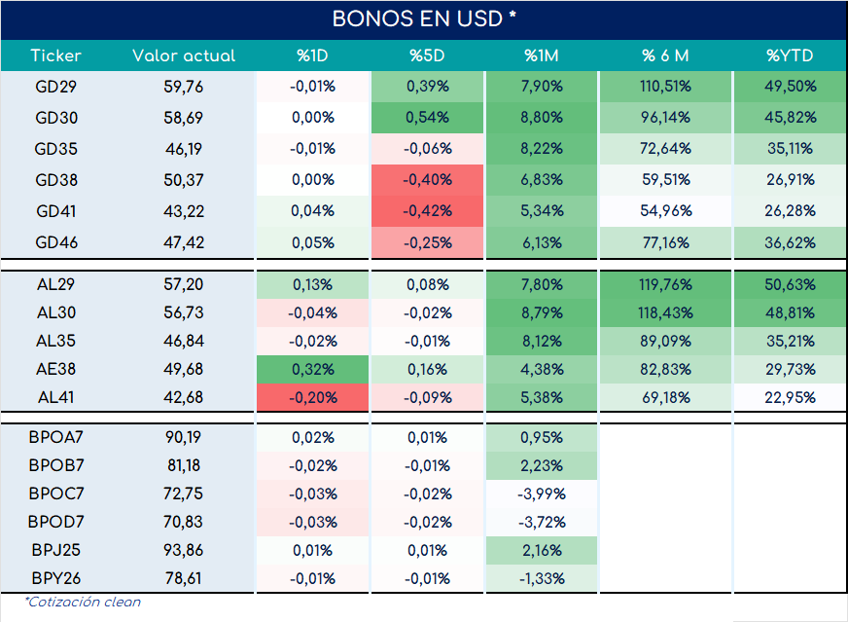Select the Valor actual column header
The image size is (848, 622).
[184, 55]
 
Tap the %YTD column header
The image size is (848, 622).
[790, 55]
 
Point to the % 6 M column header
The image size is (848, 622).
[665, 55]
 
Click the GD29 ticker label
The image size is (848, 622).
[55, 87]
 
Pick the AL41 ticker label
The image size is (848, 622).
[55, 397]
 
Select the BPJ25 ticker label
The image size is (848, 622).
[55, 550]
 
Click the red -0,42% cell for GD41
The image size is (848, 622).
[427, 211]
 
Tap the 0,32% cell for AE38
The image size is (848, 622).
[312, 369]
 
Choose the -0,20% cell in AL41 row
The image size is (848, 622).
[312, 397]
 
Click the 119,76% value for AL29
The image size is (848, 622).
[665, 285]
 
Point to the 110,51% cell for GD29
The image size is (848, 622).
[665, 87]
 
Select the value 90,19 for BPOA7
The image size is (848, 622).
[184, 437]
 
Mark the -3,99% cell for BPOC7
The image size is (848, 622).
[542, 494]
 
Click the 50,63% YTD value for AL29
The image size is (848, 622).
[790, 285]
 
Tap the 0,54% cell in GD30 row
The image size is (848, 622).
[427, 118]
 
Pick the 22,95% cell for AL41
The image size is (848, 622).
[790, 397]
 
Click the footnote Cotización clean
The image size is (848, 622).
[83, 602]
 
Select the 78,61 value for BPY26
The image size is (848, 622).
[184, 578]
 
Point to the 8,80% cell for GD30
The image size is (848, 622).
[542, 118]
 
